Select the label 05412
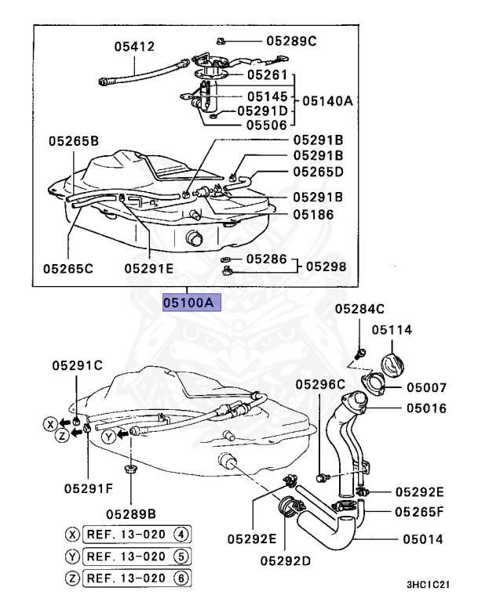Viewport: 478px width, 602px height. [x=133, y=46]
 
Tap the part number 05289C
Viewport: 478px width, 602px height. [x=292, y=40]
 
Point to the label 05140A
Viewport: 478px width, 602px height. [x=327, y=100]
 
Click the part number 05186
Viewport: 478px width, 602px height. [x=292, y=213]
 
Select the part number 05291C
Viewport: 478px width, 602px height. [x=77, y=364]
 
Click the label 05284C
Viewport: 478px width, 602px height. [x=359, y=310]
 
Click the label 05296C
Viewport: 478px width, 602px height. [x=320, y=383]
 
